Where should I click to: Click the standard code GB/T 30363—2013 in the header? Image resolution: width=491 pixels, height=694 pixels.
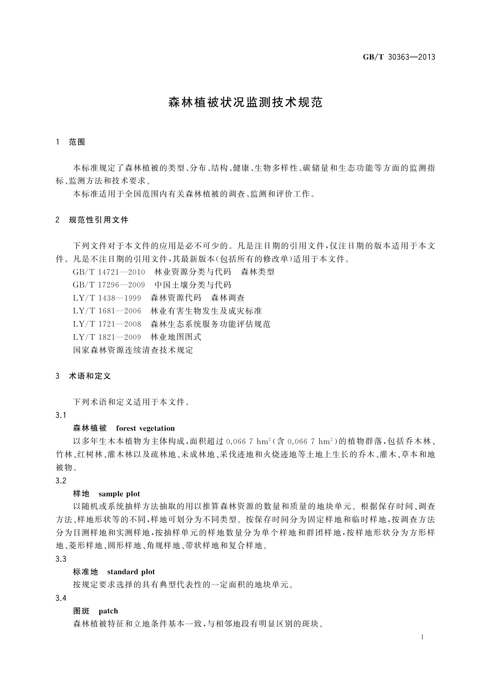(399, 57)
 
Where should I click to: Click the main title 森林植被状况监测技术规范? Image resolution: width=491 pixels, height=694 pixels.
(245, 103)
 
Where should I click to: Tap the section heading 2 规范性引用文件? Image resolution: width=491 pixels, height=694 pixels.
(92, 220)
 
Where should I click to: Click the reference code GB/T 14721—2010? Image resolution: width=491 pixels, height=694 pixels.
(109, 272)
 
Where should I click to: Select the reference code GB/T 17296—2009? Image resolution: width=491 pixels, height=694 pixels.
(109, 285)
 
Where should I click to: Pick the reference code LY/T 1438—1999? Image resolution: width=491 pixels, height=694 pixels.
(107, 298)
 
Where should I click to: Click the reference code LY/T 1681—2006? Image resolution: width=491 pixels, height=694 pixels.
(107, 311)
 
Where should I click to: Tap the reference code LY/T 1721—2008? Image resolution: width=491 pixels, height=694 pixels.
(107, 324)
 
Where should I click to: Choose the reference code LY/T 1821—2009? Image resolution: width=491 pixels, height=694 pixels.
(107, 337)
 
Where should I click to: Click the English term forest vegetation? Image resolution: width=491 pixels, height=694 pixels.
(145, 428)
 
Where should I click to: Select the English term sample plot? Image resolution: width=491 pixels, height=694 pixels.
(119, 494)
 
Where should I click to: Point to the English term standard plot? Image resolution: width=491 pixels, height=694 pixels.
(131, 572)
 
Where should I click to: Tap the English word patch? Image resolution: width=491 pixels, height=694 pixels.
(108, 611)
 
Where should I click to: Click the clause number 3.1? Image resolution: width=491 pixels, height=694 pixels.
(61, 415)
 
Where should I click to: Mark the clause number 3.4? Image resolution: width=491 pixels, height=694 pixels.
(61, 598)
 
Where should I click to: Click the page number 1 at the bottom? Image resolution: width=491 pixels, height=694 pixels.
(423, 637)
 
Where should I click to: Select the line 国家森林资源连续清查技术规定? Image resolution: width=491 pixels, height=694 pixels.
(133, 350)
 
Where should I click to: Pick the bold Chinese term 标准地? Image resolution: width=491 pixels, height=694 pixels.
(85, 572)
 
